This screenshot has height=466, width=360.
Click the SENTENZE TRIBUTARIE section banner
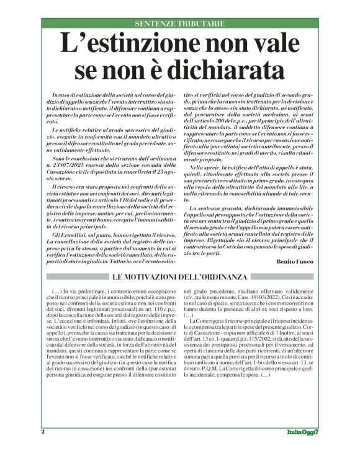pos(180,24)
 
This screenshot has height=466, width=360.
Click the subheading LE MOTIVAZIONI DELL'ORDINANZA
pos(180,275)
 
